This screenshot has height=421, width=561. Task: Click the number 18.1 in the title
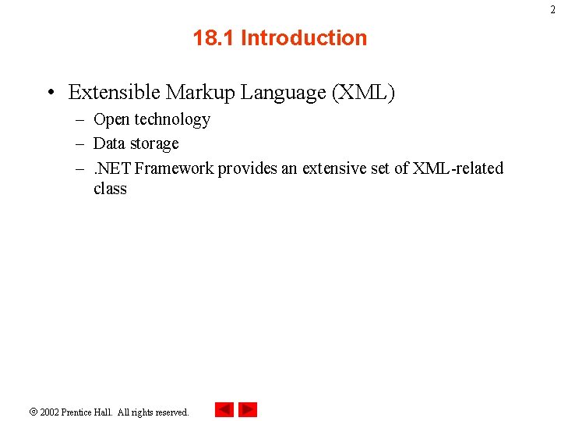[x=214, y=38]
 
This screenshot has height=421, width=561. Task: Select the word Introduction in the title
[x=304, y=38]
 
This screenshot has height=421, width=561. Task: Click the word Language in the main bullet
[x=284, y=94]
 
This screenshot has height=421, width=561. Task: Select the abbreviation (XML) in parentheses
[x=364, y=93]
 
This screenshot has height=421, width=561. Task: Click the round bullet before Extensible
[x=50, y=94]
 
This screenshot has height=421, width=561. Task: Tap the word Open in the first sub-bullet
[x=111, y=120]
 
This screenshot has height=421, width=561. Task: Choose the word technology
[x=172, y=120]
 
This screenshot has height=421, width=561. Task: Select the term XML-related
[x=458, y=168]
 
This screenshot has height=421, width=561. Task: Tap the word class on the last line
[x=110, y=189]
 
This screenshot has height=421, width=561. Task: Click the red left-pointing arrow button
[x=224, y=409]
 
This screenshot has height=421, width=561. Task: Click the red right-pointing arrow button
[x=248, y=409]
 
